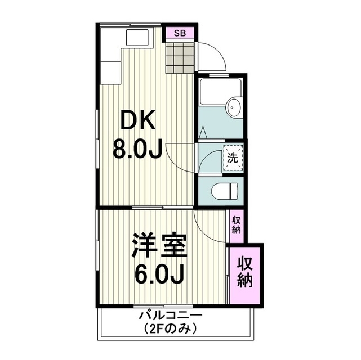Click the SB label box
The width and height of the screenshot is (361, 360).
(x=180, y=33)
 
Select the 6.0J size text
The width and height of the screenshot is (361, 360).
(x=159, y=275)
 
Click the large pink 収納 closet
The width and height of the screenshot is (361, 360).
(x=246, y=273)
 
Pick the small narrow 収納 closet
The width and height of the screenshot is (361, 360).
(x=236, y=226)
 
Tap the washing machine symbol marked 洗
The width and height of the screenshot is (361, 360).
(x=233, y=157)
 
